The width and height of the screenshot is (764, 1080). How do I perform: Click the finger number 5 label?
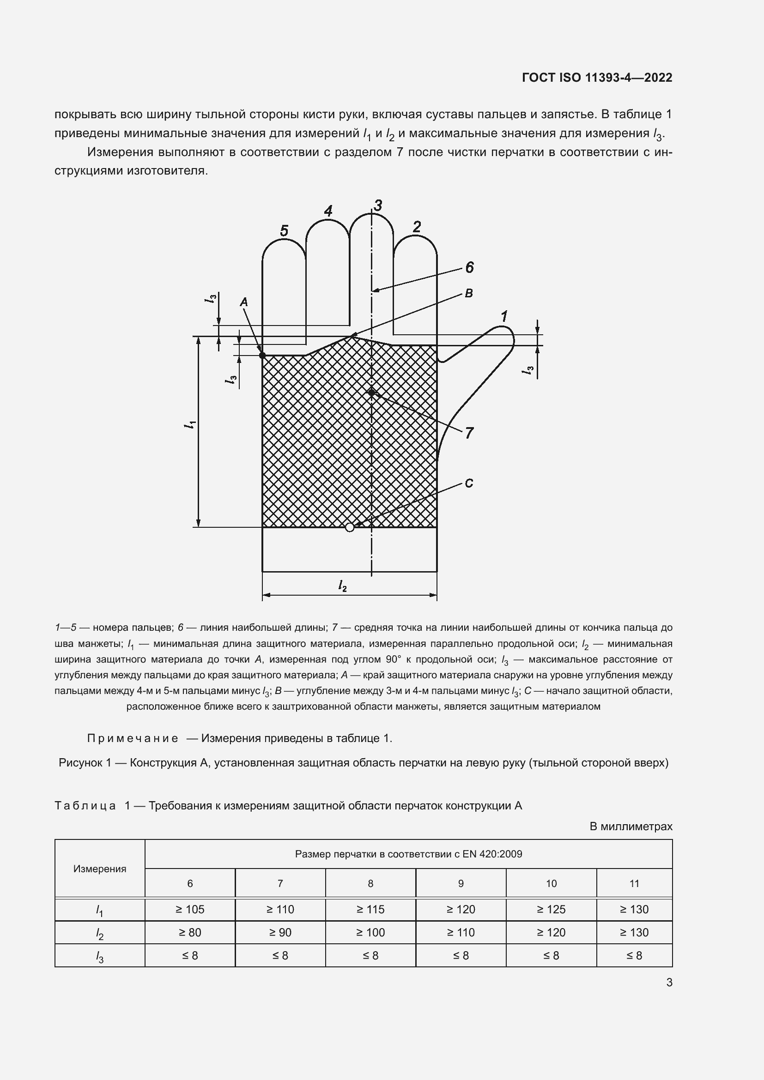coord(284,231)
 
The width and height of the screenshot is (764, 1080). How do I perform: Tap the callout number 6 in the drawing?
coord(469,268)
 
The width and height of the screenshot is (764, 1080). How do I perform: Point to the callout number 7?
coord(469,433)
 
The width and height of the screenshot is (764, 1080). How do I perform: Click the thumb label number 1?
coord(504,317)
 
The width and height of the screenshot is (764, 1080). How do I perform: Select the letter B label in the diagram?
coord(468,294)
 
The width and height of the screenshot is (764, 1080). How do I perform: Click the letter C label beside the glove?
coord(468,483)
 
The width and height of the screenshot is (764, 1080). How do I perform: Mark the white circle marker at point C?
coord(350,527)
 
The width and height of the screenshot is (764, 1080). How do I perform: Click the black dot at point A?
coord(262,355)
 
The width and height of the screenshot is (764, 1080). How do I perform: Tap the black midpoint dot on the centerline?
coord(372,392)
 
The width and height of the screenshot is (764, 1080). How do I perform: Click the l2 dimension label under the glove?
coord(342,585)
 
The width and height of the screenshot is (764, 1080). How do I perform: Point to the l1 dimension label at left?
coord(190,424)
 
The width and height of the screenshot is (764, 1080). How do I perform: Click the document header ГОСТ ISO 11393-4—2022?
coord(596,78)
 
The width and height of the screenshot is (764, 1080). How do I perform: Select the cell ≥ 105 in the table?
coord(190,909)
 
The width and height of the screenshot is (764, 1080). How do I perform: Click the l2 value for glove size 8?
coord(370,932)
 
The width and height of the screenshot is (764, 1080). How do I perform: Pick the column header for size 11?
coord(634,883)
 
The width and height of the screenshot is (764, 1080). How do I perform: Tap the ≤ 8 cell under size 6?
coord(190,955)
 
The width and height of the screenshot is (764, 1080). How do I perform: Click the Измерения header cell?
coord(100,869)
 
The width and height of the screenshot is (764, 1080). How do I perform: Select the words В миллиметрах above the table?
coord(631,827)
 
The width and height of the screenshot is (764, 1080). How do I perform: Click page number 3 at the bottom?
coord(669,983)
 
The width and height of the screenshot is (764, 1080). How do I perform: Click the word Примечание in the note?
coord(133,738)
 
